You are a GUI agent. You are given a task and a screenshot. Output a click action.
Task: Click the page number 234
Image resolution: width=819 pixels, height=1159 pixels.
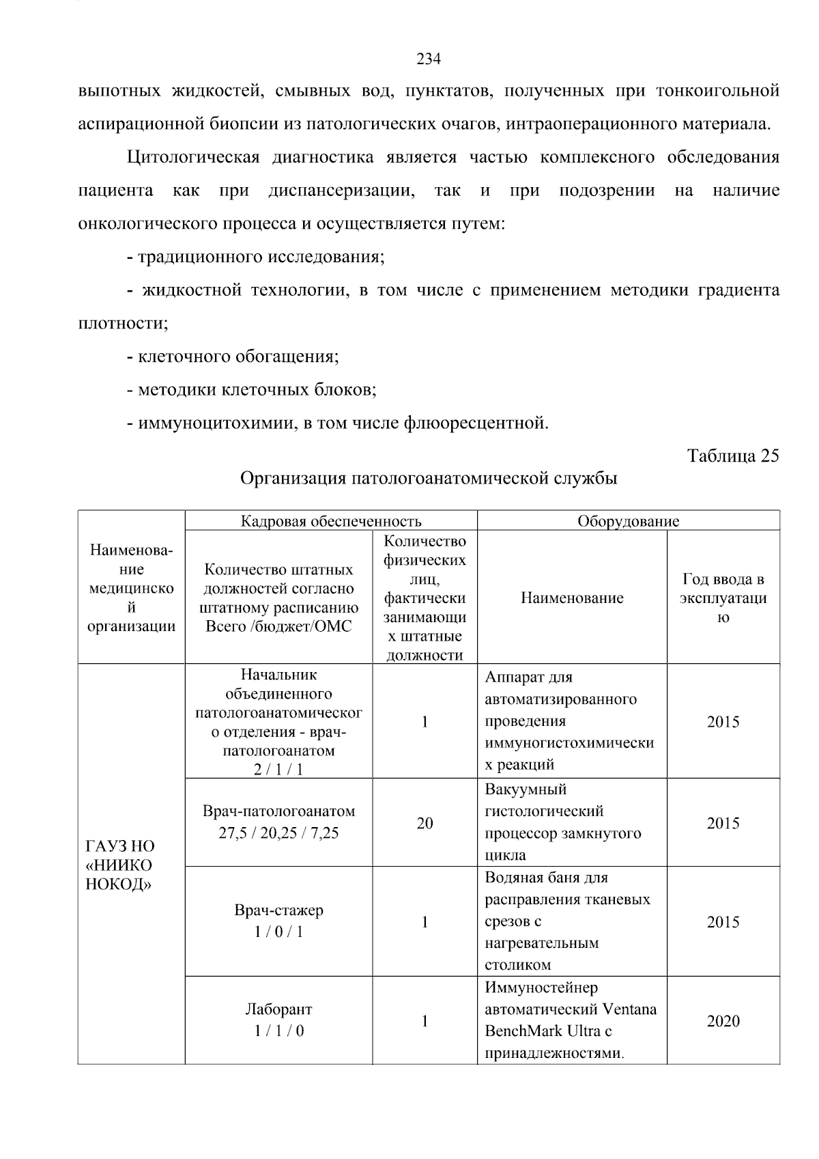point(429,59)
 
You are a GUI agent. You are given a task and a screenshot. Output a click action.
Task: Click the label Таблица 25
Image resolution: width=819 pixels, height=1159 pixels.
point(732,456)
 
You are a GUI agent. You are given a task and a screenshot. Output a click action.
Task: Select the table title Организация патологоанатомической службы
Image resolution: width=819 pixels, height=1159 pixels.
point(429,478)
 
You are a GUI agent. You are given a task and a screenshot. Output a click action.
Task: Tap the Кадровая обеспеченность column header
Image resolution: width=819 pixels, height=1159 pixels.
point(331,521)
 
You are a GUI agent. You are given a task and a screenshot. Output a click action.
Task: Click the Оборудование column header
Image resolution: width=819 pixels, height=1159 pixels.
point(628,521)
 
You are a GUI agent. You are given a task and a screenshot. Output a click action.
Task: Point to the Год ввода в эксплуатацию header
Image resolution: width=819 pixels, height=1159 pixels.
point(723,598)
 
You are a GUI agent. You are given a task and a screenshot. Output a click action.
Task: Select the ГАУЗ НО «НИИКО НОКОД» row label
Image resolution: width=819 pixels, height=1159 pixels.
point(119,865)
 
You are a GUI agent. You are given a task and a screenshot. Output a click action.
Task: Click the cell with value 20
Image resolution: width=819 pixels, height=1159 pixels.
point(425,823)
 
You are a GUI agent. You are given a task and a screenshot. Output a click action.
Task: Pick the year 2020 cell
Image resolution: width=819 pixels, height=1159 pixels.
point(723,1021)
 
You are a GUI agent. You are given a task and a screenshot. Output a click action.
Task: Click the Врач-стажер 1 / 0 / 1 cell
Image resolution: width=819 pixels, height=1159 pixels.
point(278,921)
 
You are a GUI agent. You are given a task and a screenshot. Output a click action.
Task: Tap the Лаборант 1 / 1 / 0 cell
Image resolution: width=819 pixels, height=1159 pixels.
point(278,1020)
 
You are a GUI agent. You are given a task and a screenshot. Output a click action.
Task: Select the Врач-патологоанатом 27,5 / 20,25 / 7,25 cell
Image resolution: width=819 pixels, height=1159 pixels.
point(278,822)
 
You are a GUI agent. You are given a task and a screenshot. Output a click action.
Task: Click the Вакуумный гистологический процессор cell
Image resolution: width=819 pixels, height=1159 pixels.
point(563,822)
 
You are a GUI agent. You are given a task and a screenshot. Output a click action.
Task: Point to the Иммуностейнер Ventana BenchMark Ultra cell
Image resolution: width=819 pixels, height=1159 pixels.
point(571,1020)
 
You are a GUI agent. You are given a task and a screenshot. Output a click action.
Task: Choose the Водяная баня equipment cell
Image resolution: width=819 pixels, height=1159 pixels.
point(566,921)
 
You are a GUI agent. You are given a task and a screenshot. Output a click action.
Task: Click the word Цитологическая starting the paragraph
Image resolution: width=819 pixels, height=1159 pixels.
point(193,158)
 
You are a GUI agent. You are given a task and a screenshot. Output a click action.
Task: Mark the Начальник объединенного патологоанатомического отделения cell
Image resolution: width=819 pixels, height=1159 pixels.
point(278,721)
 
